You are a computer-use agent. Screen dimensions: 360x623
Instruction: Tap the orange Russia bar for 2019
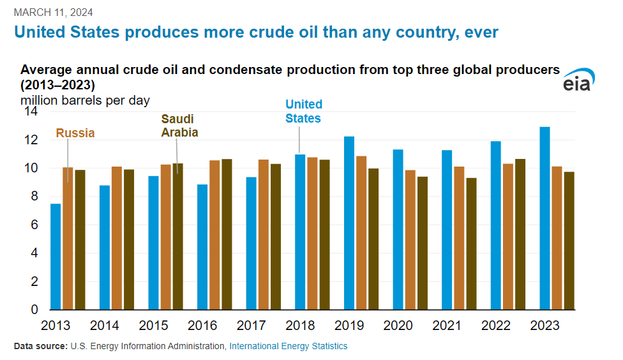point(361,233)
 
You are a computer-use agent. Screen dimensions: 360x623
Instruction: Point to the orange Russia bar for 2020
point(410,240)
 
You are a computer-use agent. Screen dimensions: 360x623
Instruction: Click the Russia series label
point(75,133)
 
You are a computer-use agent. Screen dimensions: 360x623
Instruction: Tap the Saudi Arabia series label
point(179,126)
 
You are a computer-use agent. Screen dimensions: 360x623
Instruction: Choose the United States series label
point(303,111)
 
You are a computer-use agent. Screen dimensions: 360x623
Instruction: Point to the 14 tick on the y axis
point(31,112)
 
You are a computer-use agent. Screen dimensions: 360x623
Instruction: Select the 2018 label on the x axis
point(300,326)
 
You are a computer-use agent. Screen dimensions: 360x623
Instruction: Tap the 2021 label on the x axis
point(447,326)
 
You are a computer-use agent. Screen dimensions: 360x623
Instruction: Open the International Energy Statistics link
point(289,346)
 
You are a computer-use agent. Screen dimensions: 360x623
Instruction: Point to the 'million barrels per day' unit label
point(85,100)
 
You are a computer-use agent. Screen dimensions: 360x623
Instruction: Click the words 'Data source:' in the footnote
point(40,346)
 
